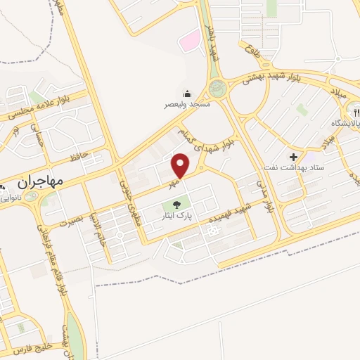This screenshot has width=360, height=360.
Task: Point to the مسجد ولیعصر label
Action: pyautogui.click(x=187, y=104)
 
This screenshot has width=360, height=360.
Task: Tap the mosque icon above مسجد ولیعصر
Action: pyautogui.click(x=187, y=94)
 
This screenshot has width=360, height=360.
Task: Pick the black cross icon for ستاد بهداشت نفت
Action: pyautogui.click(x=293, y=155)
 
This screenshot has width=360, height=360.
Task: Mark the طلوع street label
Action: pyautogui.click(x=253, y=47)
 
